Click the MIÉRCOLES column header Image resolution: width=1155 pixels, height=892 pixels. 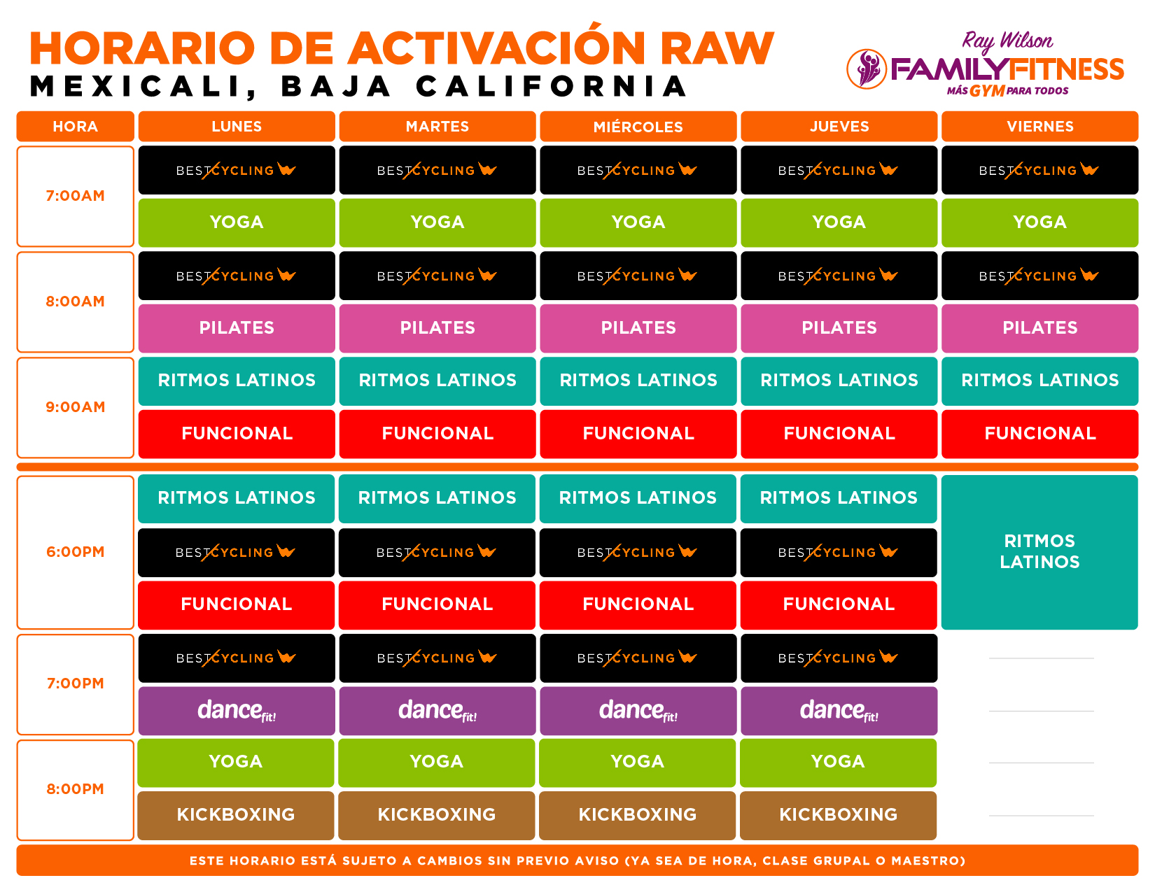(638, 127)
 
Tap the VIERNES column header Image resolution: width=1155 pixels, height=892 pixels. (1039, 127)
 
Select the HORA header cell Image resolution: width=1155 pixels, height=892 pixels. (75, 127)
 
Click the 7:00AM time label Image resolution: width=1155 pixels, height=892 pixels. (75, 195)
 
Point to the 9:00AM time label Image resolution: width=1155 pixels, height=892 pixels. (75, 407)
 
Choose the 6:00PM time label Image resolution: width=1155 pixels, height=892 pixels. (75, 552)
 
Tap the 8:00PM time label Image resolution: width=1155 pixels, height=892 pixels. (75, 789)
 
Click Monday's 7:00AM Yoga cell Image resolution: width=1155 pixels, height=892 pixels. (237, 222)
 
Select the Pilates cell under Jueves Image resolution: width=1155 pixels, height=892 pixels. (839, 328)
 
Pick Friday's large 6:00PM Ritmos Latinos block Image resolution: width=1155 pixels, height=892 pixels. (1039, 552)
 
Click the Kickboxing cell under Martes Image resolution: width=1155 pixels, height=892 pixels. (436, 815)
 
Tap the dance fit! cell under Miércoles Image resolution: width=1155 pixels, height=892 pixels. (638, 711)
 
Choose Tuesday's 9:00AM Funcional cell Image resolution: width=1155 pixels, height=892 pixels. (437, 434)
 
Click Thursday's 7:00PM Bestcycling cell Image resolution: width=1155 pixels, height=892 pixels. (839, 658)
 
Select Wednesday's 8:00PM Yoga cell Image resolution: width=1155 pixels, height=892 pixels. (637, 763)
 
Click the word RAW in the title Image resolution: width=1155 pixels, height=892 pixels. (717, 48)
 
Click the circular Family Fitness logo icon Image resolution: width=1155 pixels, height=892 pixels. (867, 69)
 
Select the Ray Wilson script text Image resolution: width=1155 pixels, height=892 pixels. (1007, 41)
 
